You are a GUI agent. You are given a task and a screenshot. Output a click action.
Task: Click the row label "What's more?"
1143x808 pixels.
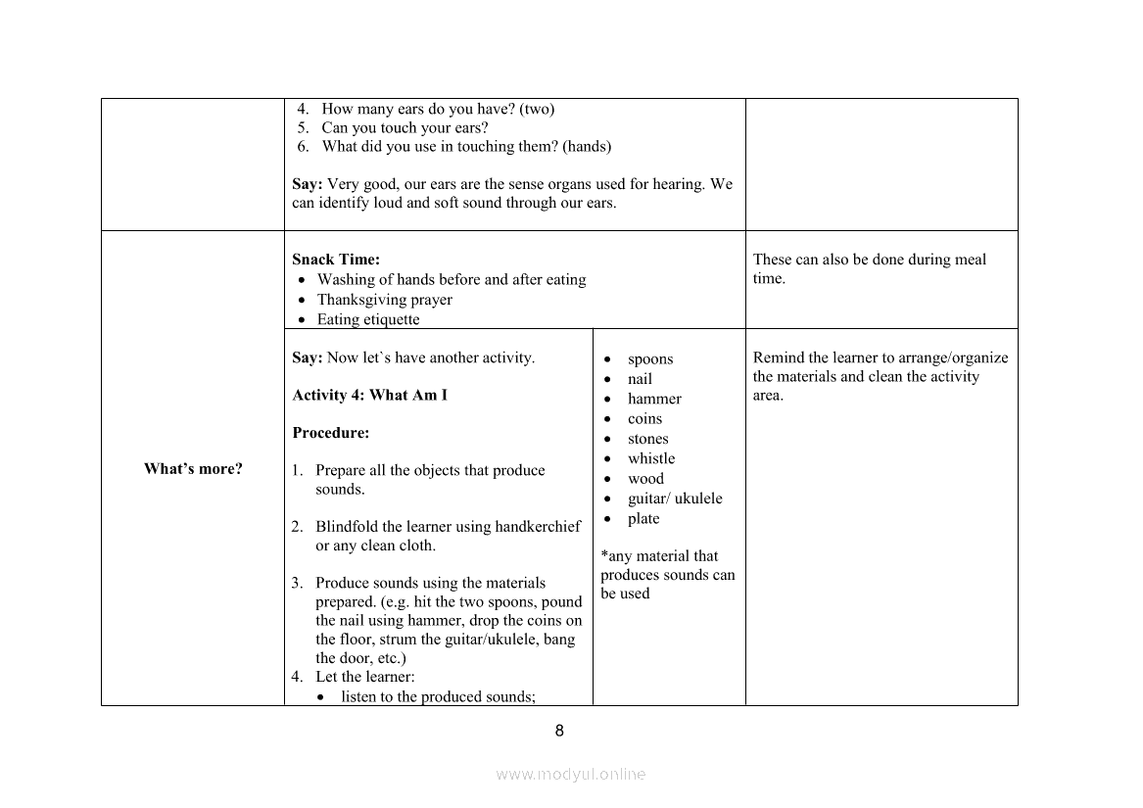pyautogui.click(x=193, y=469)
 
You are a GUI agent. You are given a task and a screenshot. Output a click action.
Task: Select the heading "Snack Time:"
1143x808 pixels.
pyautogui.click(x=336, y=260)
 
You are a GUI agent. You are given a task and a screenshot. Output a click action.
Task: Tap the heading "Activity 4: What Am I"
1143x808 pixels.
pyautogui.click(x=369, y=396)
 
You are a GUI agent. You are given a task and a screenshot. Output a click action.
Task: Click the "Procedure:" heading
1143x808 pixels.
pyautogui.click(x=330, y=433)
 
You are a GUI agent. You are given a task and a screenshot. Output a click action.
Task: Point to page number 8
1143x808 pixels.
pyautogui.click(x=559, y=731)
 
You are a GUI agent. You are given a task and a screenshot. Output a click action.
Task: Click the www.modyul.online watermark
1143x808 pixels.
pyautogui.click(x=571, y=774)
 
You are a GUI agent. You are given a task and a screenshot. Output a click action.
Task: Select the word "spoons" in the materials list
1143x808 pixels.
pyautogui.click(x=650, y=359)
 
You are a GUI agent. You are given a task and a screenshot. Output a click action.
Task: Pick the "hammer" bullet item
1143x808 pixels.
pyautogui.click(x=654, y=399)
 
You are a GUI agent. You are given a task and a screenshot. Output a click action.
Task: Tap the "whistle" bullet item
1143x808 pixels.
pyautogui.click(x=651, y=458)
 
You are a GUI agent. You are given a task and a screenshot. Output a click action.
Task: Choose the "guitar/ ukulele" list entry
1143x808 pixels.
pyautogui.click(x=675, y=499)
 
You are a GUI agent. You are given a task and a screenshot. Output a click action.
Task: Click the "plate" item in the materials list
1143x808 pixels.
pyautogui.click(x=643, y=519)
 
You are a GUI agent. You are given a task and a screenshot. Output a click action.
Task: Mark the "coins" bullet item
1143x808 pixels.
pyautogui.click(x=644, y=419)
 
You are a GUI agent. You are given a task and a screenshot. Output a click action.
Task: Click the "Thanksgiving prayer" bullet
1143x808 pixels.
pyautogui.click(x=384, y=300)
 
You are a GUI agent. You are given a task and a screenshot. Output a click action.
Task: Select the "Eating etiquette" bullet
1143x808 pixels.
pyautogui.click(x=367, y=320)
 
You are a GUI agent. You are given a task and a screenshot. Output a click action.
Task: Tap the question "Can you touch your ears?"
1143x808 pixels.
pyautogui.click(x=405, y=128)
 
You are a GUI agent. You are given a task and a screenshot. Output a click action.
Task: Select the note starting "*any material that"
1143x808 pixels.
pyautogui.click(x=659, y=556)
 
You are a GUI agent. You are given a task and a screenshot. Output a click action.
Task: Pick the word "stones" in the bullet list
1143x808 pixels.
pyautogui.click(x=647, y=439)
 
